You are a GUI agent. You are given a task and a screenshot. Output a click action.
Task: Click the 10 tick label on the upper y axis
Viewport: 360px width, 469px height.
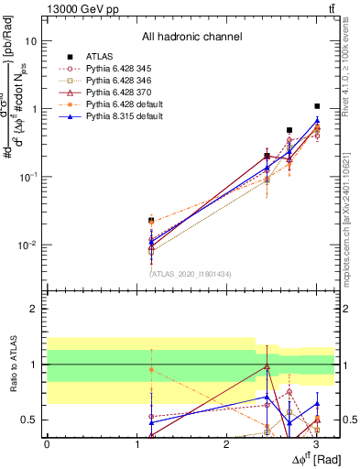click(x=31, y=41)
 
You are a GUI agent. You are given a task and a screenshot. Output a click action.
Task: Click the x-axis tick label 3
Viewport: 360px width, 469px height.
click(x=316, y=445)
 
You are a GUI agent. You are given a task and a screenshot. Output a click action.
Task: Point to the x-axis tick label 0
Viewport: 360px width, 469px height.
click(x=47, y=445)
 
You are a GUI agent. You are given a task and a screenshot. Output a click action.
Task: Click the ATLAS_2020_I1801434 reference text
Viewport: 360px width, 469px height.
click(x=190, y=273)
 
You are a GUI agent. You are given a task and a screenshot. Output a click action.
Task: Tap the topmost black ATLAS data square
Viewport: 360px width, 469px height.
click(x=317, y=106)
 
